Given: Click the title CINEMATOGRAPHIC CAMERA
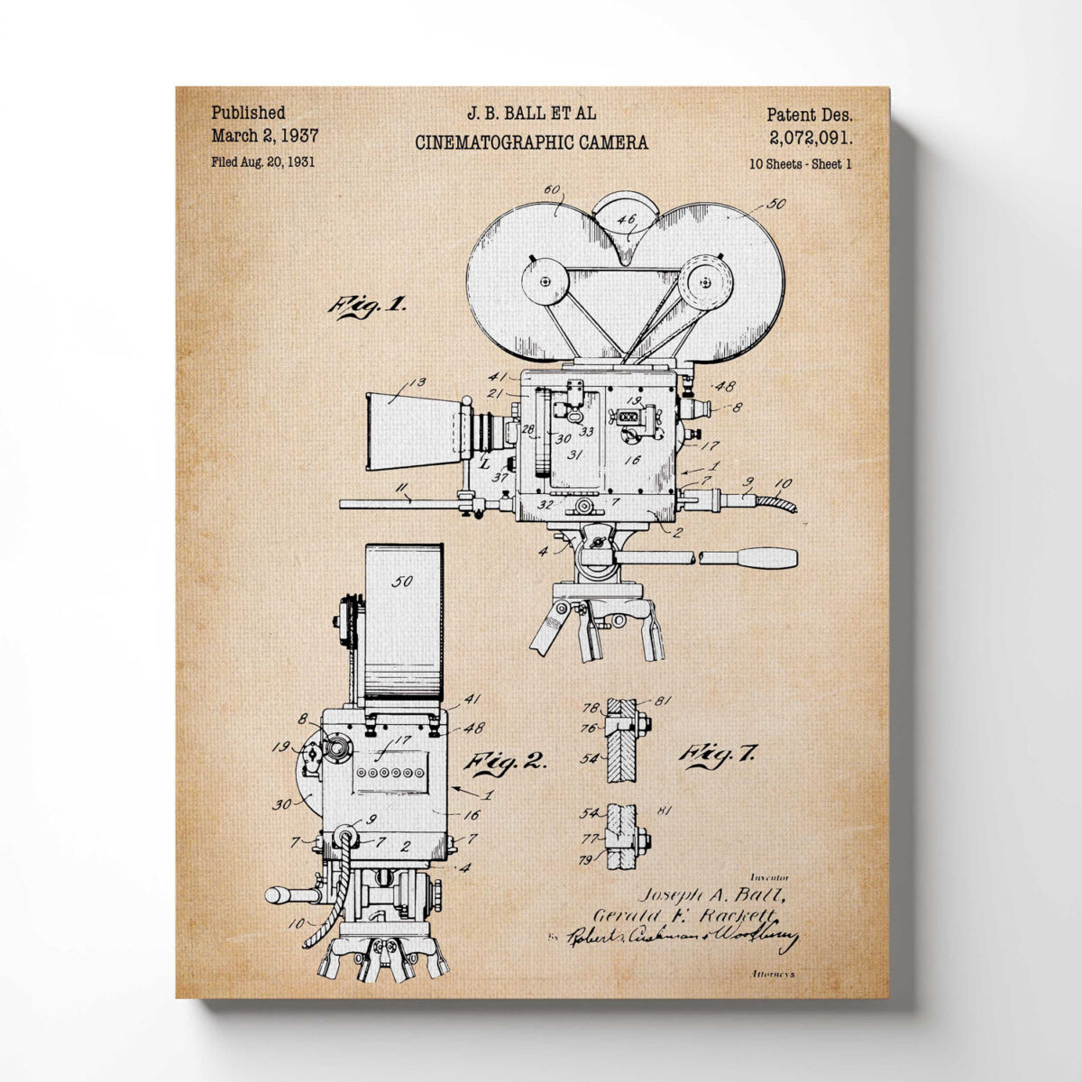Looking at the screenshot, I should coord(531,142).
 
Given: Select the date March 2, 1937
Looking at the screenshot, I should coord(264,136).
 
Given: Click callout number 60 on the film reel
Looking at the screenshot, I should coord(552,189).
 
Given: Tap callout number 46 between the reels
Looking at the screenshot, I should coord(626,217).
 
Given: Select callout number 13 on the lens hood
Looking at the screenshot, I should coord(417,383).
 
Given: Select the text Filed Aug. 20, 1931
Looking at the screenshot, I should coord(262,162).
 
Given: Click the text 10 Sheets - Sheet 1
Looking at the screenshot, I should coord(800,164).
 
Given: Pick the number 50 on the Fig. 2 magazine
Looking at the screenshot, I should coord(402,582).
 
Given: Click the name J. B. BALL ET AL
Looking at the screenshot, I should coord(531,115).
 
